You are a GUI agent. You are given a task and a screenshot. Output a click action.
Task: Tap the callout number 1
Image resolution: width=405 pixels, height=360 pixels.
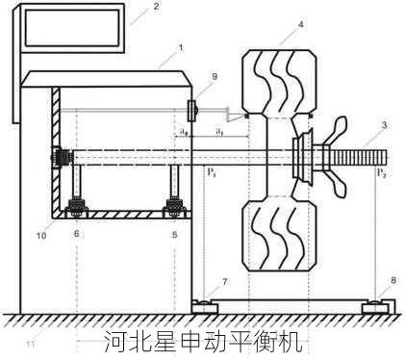coord(180,46)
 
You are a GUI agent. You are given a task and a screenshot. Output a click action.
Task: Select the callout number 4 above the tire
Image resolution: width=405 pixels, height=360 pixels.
coord(300,23)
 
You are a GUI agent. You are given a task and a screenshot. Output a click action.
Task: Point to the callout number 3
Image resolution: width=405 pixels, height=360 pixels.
coord(384,125)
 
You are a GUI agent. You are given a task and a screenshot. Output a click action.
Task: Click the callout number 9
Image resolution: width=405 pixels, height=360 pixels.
coord(214,76)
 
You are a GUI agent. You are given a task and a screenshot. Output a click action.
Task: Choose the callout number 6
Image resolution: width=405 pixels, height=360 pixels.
coord(77,234)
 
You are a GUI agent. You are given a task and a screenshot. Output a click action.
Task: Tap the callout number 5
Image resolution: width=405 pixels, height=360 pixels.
coord(174,234)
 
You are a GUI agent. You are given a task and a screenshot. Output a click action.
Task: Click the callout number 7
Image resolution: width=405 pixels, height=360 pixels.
coord(225,281)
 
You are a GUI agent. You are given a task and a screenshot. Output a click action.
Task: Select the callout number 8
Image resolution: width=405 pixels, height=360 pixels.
coord(392,281)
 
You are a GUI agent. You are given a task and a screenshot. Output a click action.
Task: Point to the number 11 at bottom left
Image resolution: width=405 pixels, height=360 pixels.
coord(31,343)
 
